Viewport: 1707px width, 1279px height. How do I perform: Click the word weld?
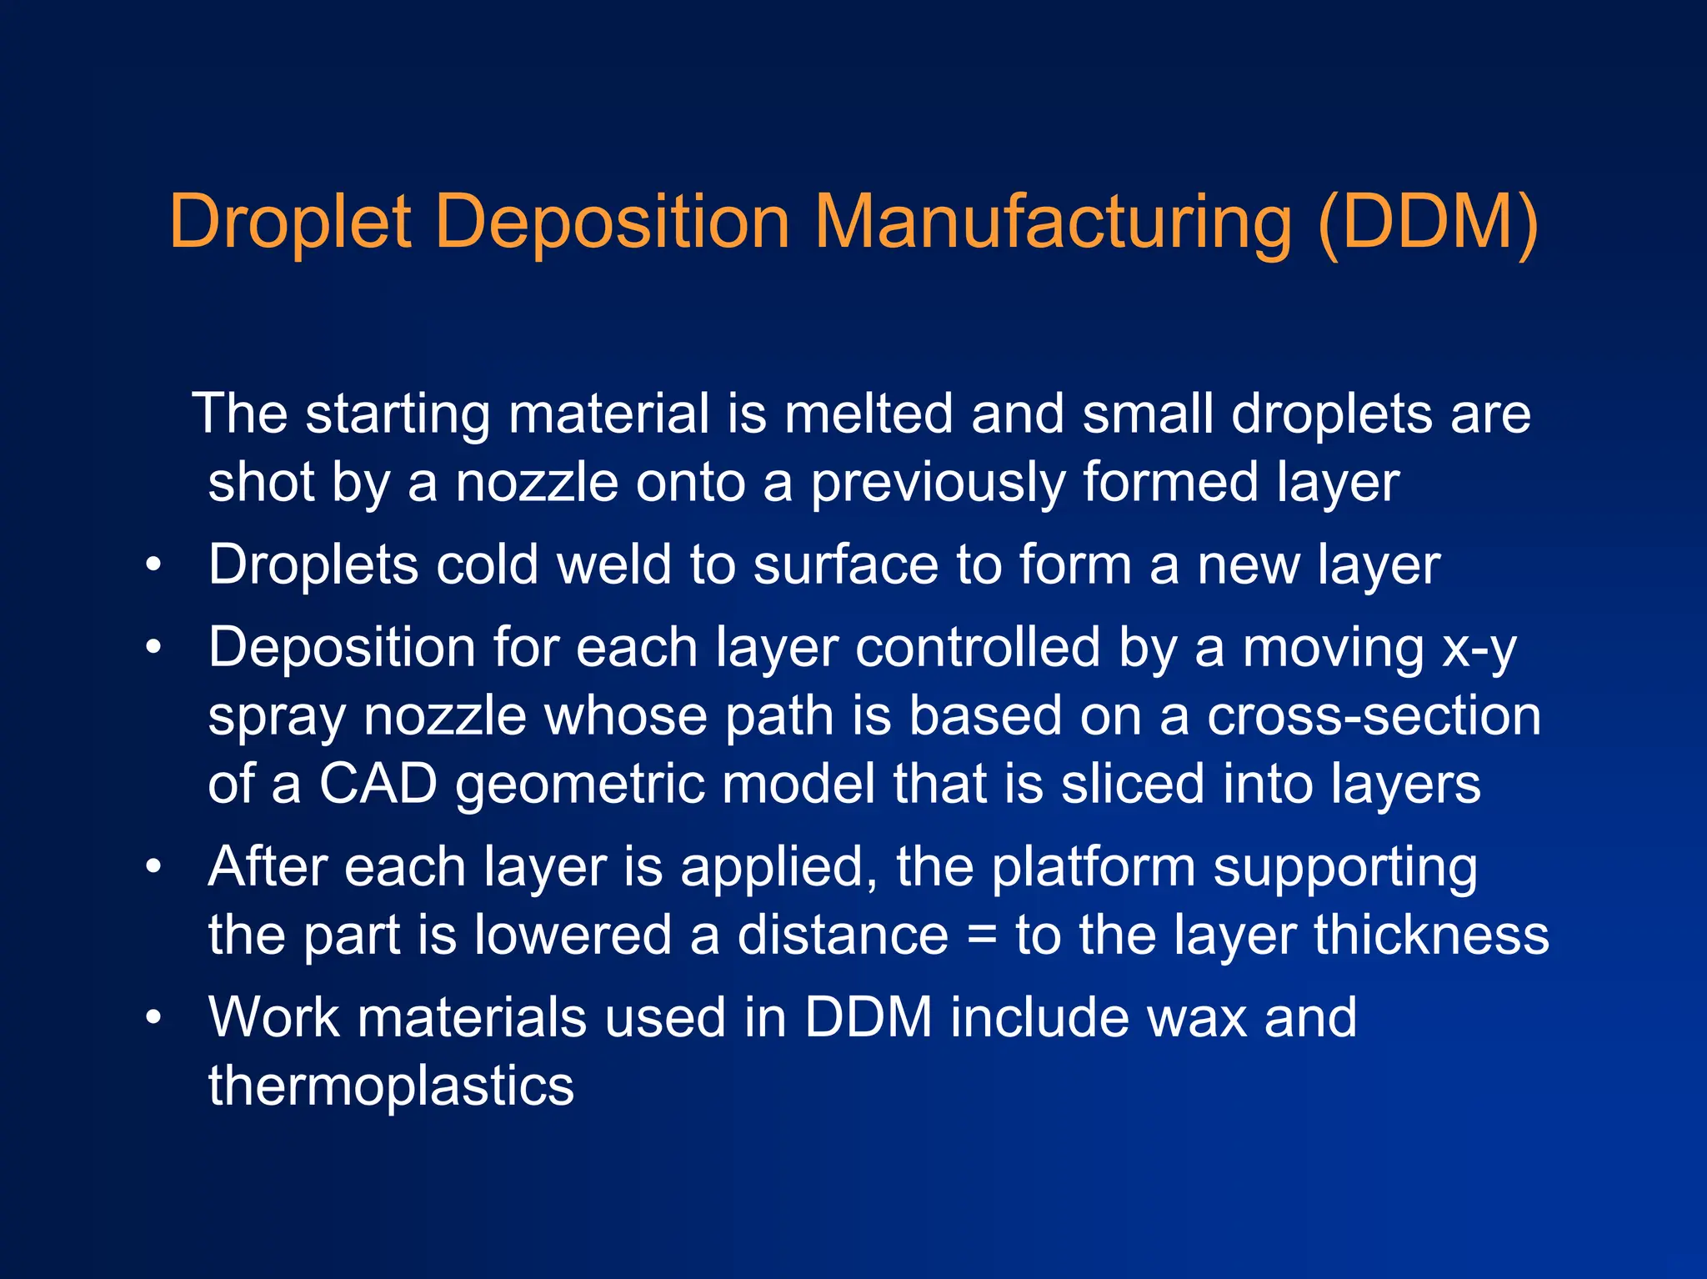coord(614,564)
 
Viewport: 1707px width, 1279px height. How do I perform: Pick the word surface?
coord(846,564)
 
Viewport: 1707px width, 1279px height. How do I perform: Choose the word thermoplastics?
coord(391,1086)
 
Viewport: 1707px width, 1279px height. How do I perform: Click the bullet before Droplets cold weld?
coord(153,565)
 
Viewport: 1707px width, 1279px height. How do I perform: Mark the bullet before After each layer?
coord(153,867)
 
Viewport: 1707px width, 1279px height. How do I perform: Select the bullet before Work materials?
coord(153,1018)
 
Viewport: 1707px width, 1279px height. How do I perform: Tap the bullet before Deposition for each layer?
coord(153,648)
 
